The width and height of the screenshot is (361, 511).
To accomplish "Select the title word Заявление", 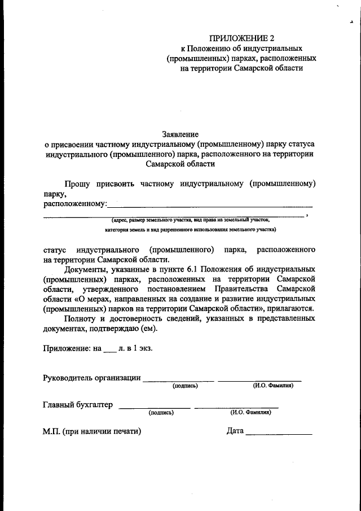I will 180,134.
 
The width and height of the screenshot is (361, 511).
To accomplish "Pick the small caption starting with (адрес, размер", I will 191,220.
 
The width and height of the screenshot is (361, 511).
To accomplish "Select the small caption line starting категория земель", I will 191,230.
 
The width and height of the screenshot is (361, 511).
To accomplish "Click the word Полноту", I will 80,318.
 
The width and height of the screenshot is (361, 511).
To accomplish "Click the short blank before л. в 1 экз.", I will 109,349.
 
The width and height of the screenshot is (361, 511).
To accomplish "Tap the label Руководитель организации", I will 92,378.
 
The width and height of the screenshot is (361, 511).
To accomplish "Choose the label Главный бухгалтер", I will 78,404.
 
